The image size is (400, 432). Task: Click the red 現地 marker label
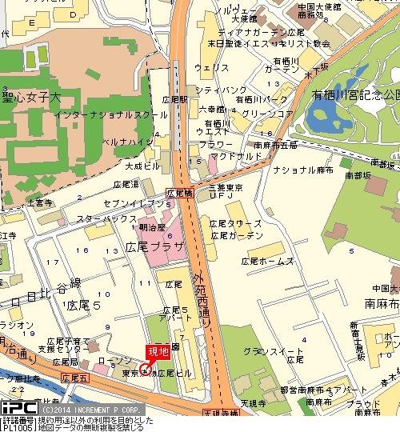click(158, 350)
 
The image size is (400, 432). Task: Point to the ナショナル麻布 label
click(303, 171)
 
